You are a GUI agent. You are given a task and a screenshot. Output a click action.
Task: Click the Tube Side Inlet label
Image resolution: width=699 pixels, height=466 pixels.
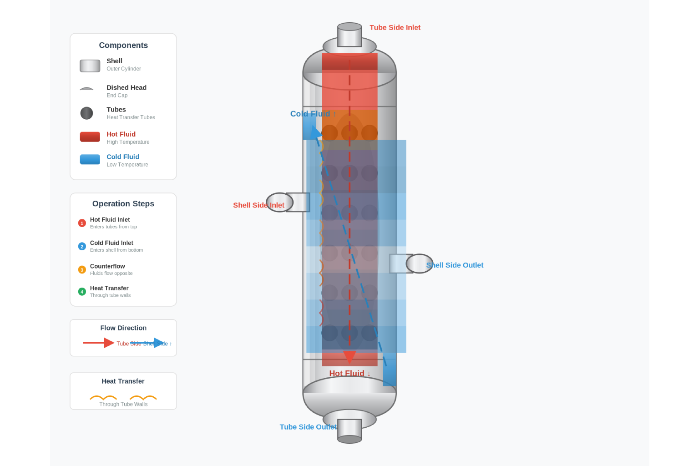click(395, 28)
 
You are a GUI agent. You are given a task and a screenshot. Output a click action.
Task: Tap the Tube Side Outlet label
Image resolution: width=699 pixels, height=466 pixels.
click(308, 427)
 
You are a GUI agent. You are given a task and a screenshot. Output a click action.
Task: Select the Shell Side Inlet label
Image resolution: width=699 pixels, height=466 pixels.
click(258, 205)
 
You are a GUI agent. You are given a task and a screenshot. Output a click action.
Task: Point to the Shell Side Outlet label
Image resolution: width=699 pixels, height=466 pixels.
click(455, 265)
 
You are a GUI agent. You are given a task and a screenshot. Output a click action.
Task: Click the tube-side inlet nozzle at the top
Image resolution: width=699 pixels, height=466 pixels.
click(349, 35)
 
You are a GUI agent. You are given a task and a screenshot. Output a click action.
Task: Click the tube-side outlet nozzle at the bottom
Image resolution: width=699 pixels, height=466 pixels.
click(349, 430)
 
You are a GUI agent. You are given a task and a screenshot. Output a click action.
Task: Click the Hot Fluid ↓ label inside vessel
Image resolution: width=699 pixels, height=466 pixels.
click(349, 374)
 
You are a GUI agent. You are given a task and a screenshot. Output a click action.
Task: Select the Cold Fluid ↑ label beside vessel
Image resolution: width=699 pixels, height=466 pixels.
click(313, 114)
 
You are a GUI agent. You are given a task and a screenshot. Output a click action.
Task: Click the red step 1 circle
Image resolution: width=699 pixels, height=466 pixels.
click(82, 223)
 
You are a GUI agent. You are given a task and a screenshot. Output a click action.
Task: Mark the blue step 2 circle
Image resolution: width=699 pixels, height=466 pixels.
click(82, 246)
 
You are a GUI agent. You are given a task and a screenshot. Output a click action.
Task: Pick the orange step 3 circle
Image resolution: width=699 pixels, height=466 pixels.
click(82, 269)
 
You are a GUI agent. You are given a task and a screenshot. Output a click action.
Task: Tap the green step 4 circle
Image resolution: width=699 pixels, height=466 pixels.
click(82, 292)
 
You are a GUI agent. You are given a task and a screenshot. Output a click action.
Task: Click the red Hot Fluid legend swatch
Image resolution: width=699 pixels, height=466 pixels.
click(90, 137)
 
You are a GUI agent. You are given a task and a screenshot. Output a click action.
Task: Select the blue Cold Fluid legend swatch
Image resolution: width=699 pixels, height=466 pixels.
click(90, 159)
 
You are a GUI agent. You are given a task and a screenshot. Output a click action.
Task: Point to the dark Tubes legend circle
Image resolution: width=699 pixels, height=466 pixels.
click(86, 113)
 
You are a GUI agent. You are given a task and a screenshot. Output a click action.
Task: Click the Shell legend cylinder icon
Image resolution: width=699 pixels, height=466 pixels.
click(90, 66)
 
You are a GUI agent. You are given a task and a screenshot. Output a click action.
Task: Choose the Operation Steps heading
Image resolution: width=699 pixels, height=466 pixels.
click(123, 204)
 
